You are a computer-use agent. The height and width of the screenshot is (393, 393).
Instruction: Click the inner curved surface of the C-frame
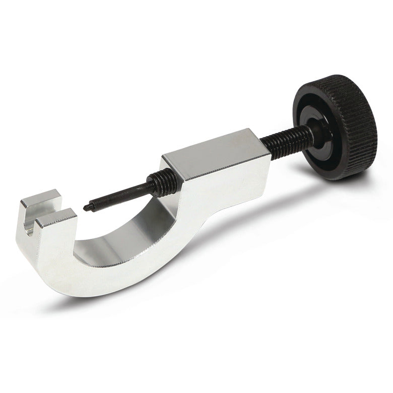coord(126,237)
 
